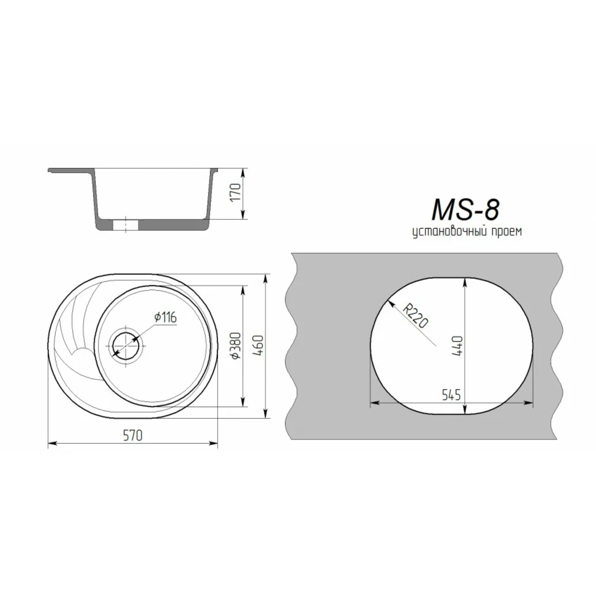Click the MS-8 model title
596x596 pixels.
point(465,210)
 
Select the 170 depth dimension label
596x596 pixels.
point(235,192)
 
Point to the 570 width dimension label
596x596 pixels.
point(133,435)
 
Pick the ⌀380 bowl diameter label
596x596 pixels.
point(236,346)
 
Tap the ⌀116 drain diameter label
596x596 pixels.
point(166,317)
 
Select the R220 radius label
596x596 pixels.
point(415,316)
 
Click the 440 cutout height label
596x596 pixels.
point(457,346)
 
